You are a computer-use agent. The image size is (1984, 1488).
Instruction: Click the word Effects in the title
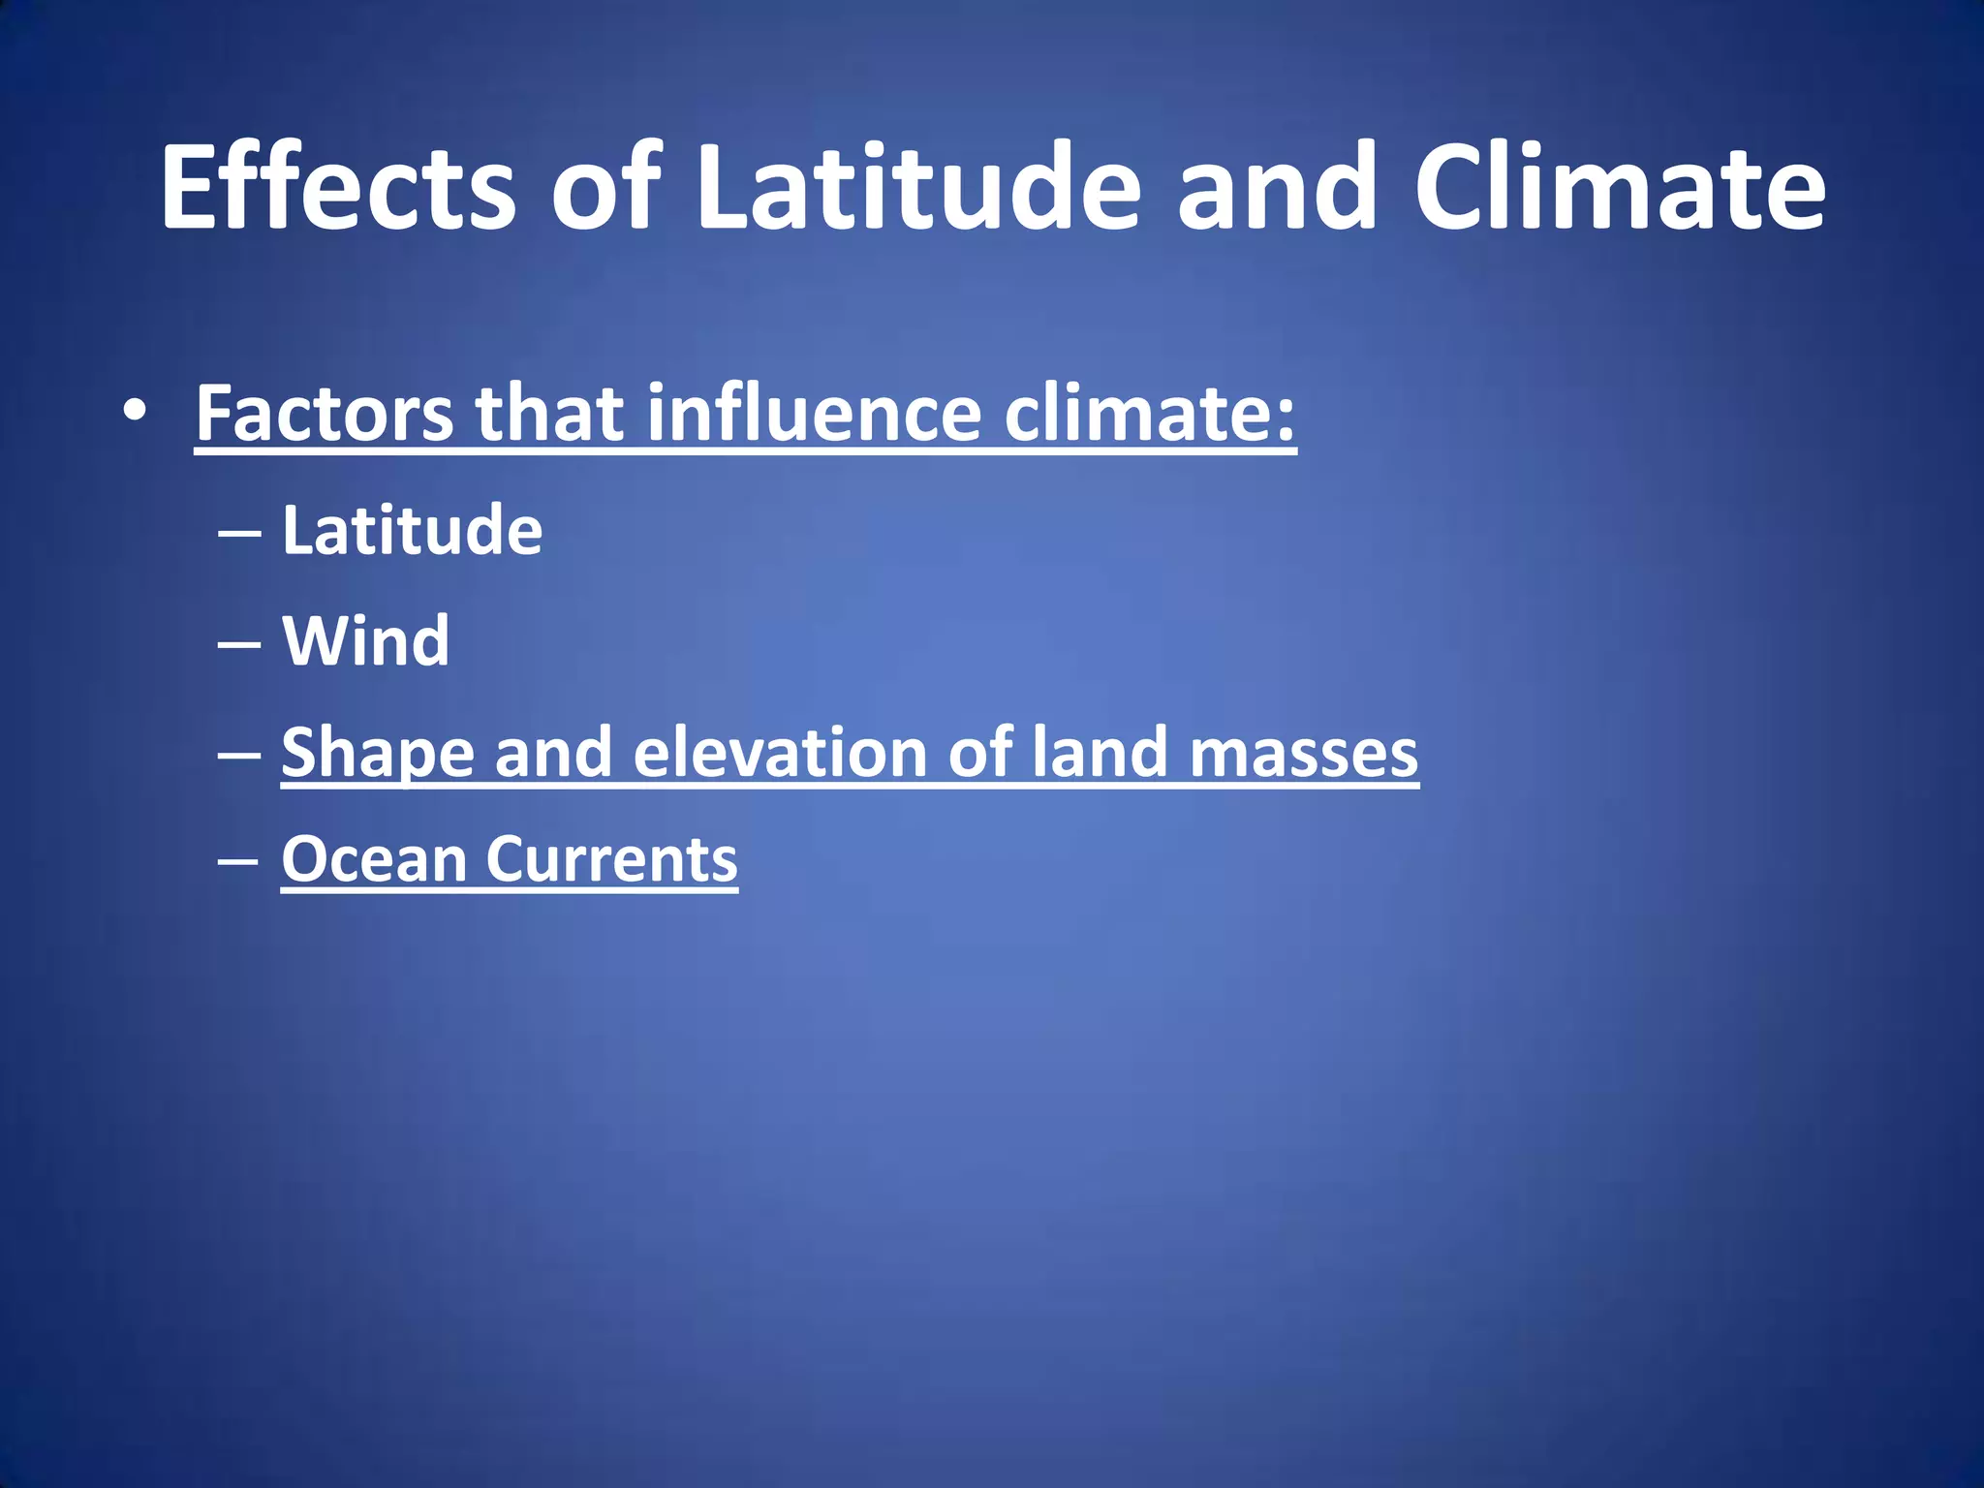338,187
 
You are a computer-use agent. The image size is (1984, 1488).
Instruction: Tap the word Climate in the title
1619,187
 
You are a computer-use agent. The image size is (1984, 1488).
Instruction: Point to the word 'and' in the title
1277,187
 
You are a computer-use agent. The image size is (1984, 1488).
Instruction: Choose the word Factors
325,414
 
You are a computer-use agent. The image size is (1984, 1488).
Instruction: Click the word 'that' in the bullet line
549,414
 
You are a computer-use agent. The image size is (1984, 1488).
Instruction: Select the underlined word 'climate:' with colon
1150,414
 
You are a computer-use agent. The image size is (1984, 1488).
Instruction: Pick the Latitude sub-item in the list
412,531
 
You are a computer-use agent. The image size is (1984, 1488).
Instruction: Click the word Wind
365,641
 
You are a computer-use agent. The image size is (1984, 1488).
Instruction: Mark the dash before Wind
238,643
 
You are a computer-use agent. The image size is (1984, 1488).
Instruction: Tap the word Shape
378,754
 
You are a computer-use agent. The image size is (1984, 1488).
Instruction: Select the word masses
1303,754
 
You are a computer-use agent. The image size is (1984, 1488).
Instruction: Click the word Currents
611,860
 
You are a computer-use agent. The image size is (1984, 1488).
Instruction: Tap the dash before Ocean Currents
238,861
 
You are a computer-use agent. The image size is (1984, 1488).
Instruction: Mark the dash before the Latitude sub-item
238,533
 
